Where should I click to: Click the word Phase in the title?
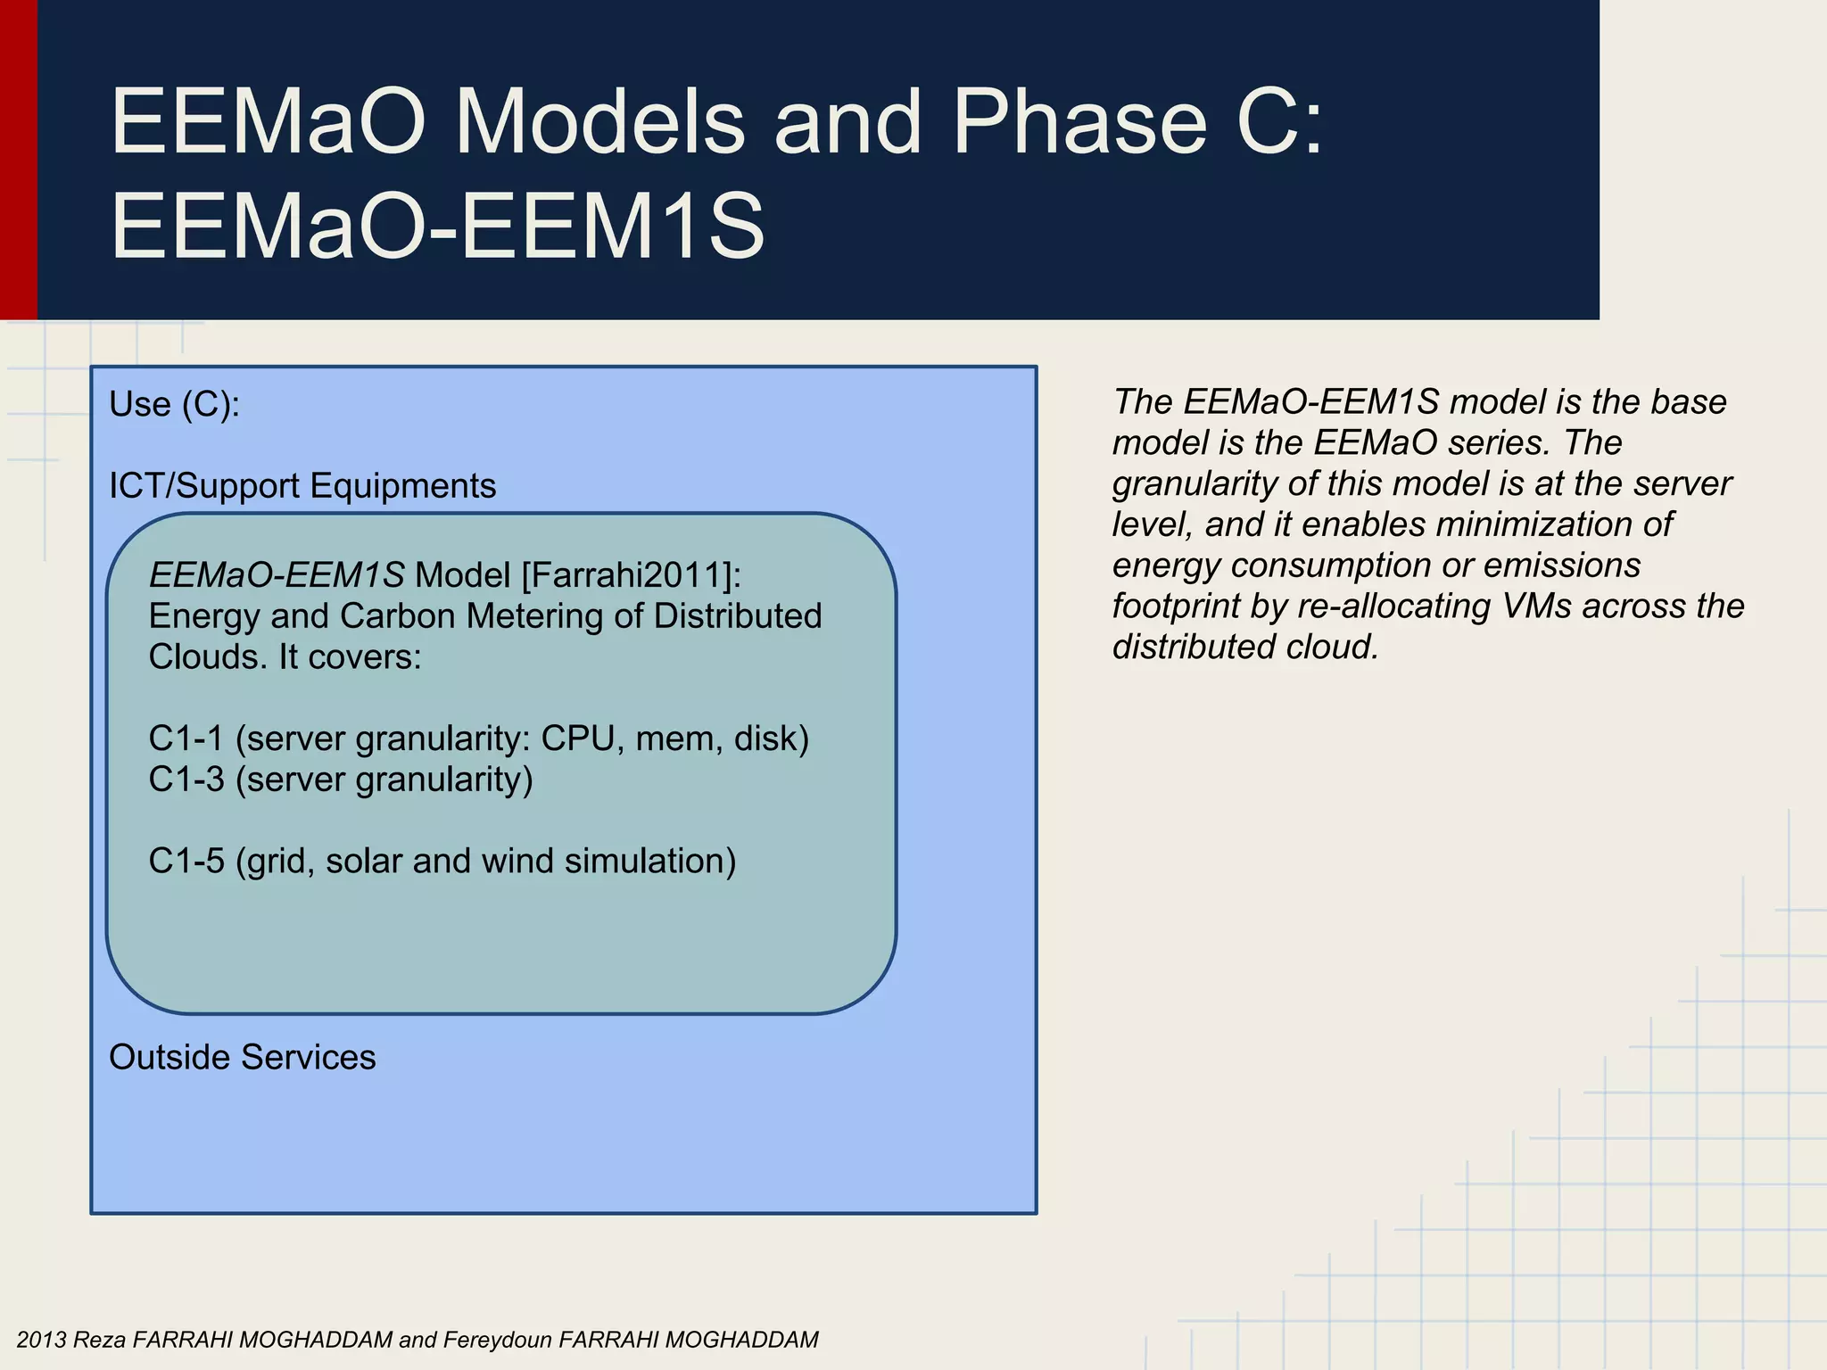[1079, 123]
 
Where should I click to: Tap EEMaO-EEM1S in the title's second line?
[437, 227]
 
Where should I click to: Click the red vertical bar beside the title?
[18, 161]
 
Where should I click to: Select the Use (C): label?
[174, 405]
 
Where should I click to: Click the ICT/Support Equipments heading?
[302, 486]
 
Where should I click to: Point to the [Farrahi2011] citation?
[631, 575]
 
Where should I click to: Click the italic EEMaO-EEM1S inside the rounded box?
[277, 575]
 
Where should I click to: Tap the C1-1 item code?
[186, 739]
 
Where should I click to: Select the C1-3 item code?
[186, 780]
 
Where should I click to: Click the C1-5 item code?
[186, 862]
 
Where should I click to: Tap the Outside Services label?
[242, 1058]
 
